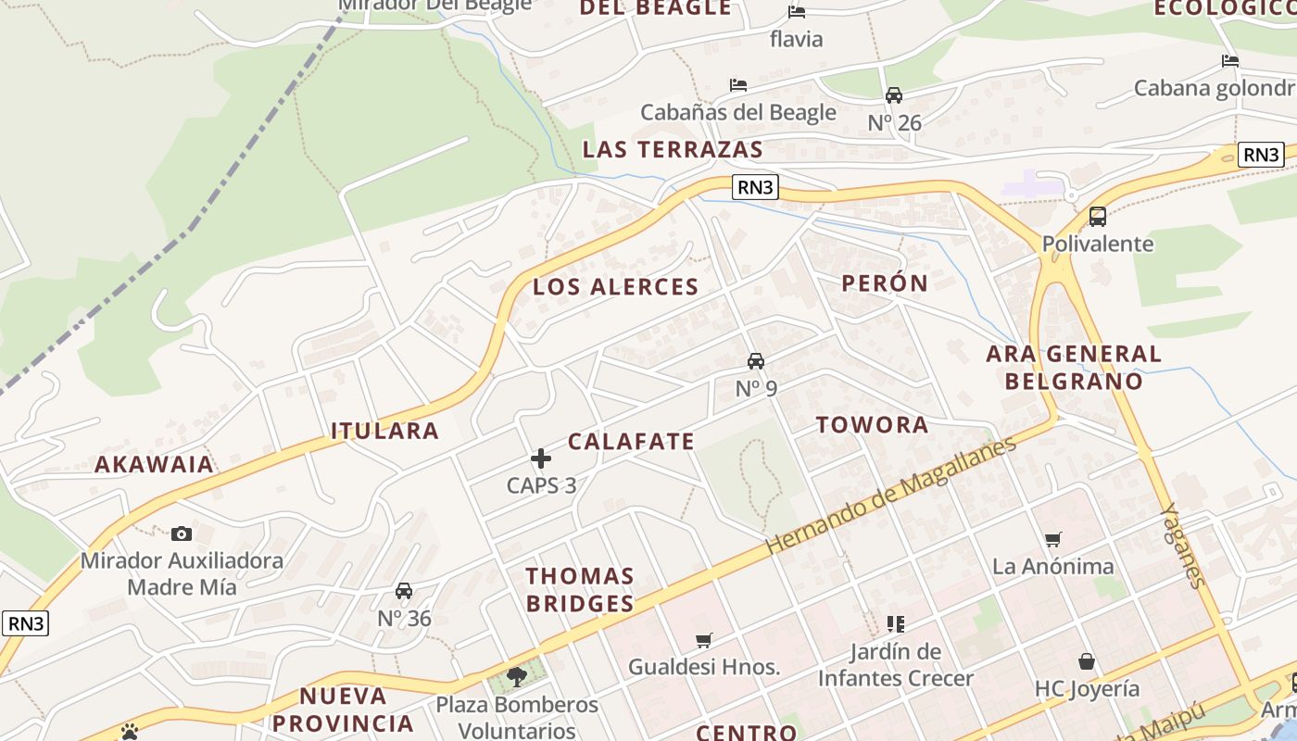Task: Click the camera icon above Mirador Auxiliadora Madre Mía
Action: (x=182, y=534)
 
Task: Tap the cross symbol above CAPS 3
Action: (x=541, y=458)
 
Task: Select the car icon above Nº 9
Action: (x=756, y=361)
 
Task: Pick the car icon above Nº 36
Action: (x=404, y=591)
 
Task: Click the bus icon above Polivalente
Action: (x=1098, y=217)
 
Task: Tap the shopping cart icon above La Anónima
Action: (x=1052, y=539)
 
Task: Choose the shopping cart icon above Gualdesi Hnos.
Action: (x=704, y=640)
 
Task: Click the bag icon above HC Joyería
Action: (x=1087, y=661)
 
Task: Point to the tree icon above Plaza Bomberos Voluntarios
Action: (x=517, y=677)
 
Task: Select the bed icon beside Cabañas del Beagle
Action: (x=738, y=85)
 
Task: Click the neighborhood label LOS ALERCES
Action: (x=615, y=287)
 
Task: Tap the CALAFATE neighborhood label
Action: (x=631, y=442)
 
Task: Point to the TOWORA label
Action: (x=872, y=425)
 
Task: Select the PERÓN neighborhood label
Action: (x=885, y=283)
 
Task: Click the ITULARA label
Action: (x=384, y=431)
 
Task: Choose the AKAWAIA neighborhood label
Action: (x=154, y=465)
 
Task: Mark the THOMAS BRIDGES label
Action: (x=580, y=590)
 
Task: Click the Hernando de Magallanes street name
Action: (x=891, y=496)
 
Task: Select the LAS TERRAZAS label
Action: (x=673, y=150)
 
